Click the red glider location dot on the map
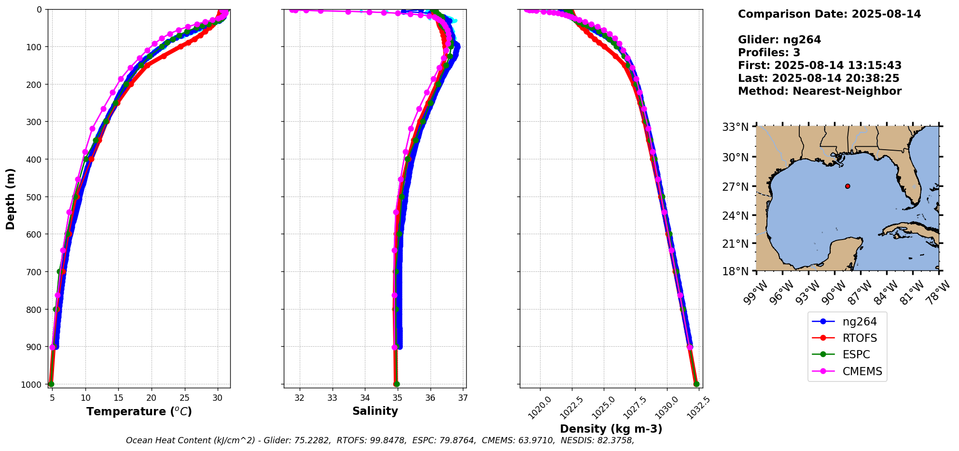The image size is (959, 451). click(x=848, y=186)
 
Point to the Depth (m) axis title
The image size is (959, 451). click(x=11, y=199)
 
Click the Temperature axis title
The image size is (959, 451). click(x=139, y=412)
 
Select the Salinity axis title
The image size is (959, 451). click(x=375, y=411)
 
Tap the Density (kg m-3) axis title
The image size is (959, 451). click(x=611, y=429)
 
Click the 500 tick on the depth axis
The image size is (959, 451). click(x=34, y=197)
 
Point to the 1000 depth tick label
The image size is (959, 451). click(x=32, y=384)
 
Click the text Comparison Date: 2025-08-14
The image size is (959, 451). click(x=829, y=14)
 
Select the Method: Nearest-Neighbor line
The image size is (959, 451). click(x=820, y=91)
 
